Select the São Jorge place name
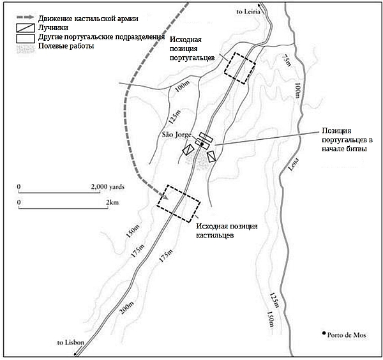coord(177,135)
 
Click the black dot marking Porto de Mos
coord(324,334)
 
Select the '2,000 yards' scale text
coord(108,186)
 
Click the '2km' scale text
coord(111,202)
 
